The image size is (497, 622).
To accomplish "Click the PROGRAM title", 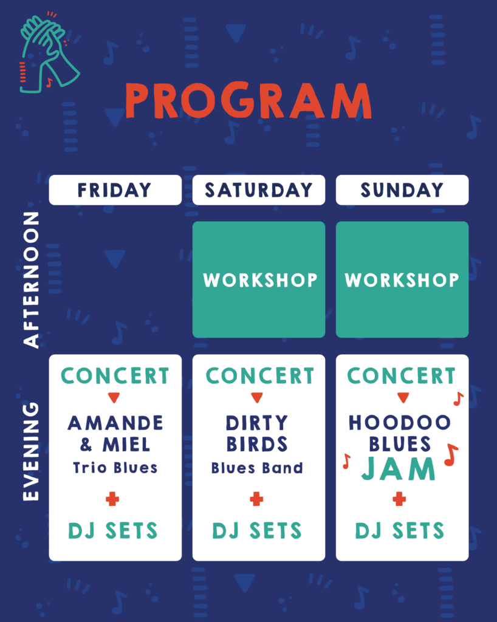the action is pyautogui.click(x=249, y=100).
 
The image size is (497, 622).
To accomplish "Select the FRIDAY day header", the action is pyautogui.click(x=115, y=190).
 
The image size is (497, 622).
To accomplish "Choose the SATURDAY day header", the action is pyautogui.click(x=259, y=190).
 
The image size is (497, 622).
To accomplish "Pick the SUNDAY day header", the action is pyautogui.click(x=402, y=190).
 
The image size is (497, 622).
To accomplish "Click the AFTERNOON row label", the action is pyautogui.click(x=32, y=280).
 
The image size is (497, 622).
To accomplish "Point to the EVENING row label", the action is pyautogui.click(x=32, y=451).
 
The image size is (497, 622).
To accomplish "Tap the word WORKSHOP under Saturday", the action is pyautogui.click(x=260, y=280).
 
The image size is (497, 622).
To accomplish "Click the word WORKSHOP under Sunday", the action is pyautogui.click(x=402, y=280).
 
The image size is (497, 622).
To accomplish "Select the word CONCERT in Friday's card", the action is pyautogui.click(x=115, y=376).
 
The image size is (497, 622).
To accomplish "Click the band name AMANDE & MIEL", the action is pyautogui.click(x=115, y=434).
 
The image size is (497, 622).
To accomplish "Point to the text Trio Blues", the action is pyautogui.click(x=115, y=468).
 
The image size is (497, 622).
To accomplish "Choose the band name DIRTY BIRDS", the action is pyautogui.click(x=257, y=434).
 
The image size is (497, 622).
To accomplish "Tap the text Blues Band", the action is pyautogui.click(x=257, y=468).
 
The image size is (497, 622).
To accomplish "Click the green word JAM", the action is pyautogui.click(x=398, y=469).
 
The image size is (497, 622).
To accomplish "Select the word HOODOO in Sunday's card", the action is pyautogui.click(x=400, y=423).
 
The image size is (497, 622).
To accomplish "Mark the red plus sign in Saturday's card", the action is pyautogui.click(x=256, y=499).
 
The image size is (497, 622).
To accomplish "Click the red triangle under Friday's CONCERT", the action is pyautogui.click(x=114, y=397).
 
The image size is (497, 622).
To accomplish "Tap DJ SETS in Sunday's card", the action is pyautogui.click(x=400, y=531).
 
